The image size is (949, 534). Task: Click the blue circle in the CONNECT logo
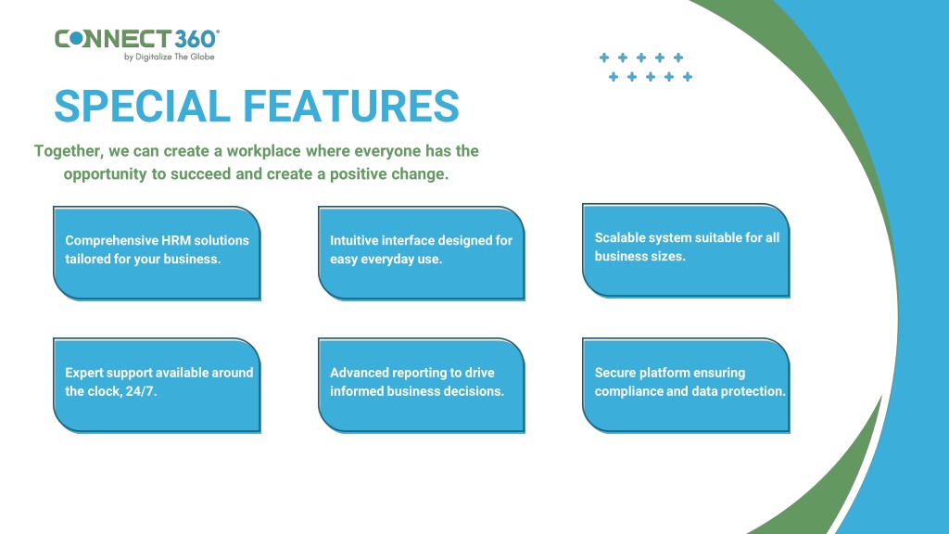click(x=77, y=39)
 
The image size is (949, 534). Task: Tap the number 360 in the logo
click(x=196, y=39)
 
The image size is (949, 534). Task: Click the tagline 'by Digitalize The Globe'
click(x=169, y=57)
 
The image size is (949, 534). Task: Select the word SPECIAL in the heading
click(x=142, y=106)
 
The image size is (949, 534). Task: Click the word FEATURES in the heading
click(x=351, y=106)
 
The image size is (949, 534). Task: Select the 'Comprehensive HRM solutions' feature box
click(x=157, y=253)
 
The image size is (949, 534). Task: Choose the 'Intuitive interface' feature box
click(x=422, y=253)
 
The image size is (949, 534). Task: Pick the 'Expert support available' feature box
click(x=157, y=386)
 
